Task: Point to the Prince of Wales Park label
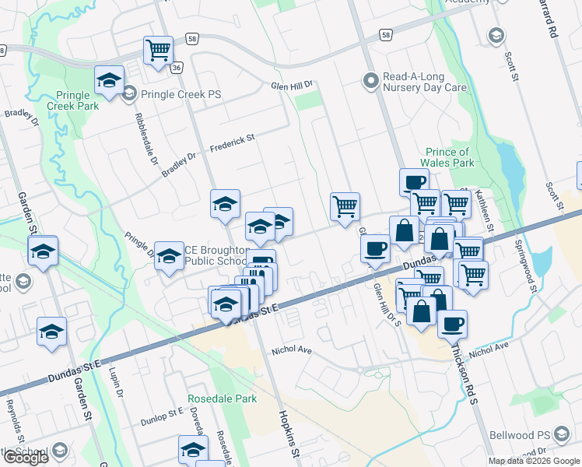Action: tap(451, 157)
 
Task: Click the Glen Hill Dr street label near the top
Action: tap(291, 85)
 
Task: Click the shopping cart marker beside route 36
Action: tap(158, 50)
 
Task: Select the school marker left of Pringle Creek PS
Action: tap(110, 80)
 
